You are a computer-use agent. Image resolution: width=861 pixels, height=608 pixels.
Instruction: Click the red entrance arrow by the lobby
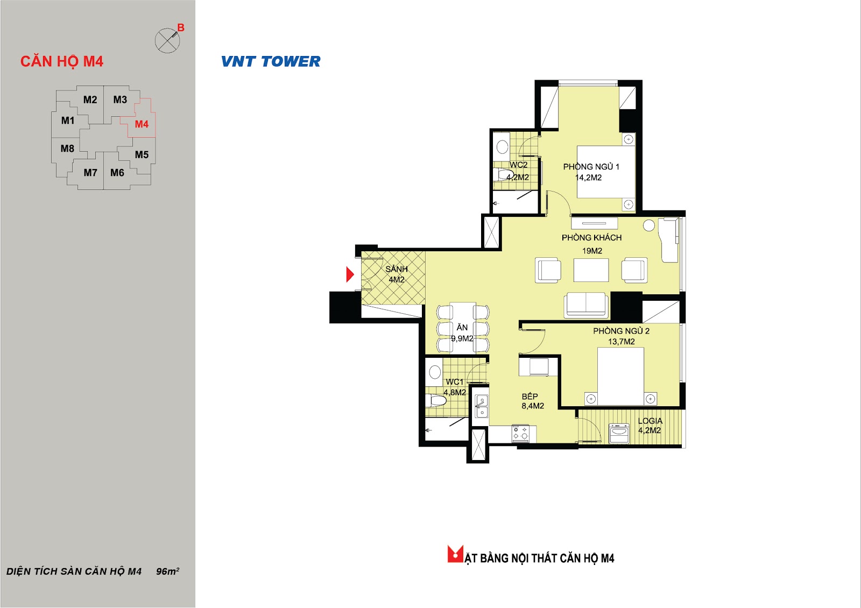350,274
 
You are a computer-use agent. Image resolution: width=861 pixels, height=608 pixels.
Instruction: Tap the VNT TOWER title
271,61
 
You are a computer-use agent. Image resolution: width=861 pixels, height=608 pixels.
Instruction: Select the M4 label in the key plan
142,124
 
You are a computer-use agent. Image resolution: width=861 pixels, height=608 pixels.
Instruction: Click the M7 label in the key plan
90,173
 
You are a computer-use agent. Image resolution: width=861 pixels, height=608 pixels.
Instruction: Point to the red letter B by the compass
181,27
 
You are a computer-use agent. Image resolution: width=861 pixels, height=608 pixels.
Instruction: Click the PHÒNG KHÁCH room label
591,237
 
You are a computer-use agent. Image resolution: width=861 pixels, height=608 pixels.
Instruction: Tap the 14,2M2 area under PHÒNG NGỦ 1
589,178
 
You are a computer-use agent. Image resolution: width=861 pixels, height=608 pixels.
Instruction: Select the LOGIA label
650,421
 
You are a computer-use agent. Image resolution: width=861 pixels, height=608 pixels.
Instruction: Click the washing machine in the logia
619,434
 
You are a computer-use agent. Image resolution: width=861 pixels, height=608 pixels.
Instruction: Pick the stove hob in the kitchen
520,433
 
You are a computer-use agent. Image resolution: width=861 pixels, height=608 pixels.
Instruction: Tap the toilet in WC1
436,401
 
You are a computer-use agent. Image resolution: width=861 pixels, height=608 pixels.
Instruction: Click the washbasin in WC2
502,146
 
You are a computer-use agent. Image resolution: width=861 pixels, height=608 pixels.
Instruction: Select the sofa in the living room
586,305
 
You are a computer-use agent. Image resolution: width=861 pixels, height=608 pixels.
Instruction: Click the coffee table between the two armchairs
591,270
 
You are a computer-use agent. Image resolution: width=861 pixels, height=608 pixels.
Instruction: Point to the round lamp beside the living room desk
649,225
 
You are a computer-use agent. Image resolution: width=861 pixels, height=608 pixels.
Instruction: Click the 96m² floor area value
167,571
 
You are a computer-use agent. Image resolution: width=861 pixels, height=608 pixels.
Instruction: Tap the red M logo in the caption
455,554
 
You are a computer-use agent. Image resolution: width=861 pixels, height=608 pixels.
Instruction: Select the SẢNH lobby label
396,269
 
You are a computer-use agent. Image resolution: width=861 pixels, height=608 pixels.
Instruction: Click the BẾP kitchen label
530,396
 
